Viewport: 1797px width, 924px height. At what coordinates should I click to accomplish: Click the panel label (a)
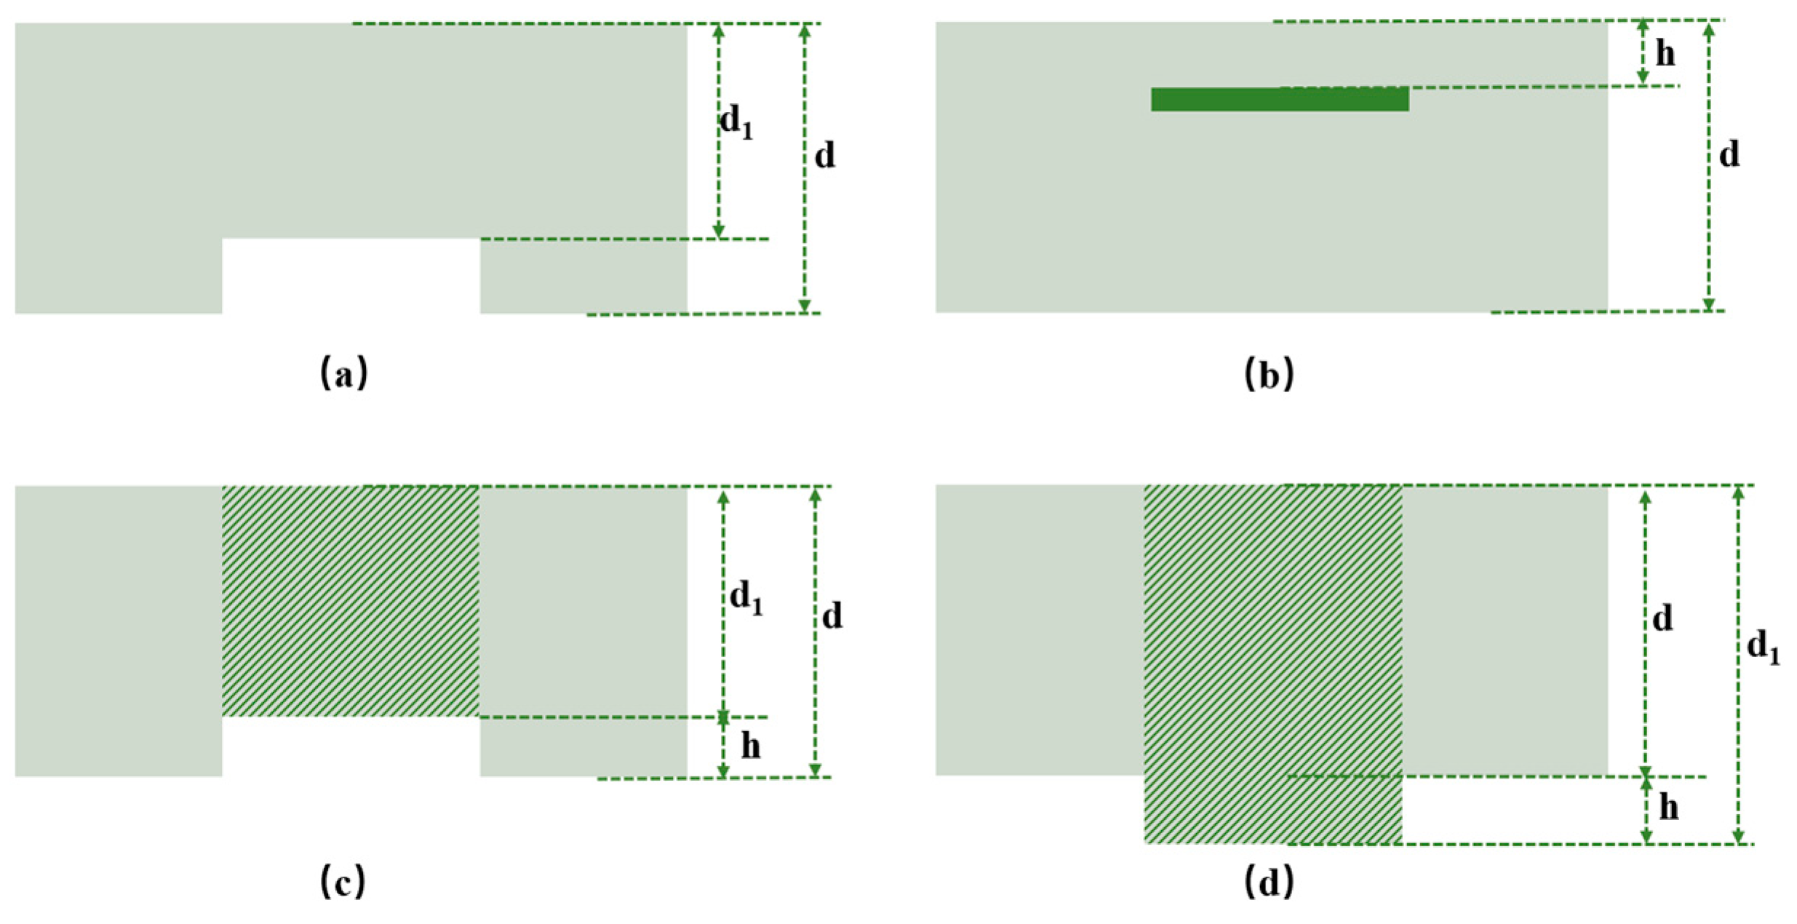pyautogui.click(x=343, y=373)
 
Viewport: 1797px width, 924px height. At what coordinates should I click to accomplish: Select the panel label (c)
pyautogui.click(x=343, y=882)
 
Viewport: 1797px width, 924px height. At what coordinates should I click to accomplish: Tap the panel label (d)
pyautogui.click(x=1269, y=883)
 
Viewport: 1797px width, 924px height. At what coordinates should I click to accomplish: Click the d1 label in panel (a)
pyautogui.click(x=736, y=121)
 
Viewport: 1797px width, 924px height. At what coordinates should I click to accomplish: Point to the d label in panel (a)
pyautogui.click(x=824, y=156)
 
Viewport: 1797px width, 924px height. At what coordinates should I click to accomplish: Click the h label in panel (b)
pyautogui.click(x=1665, y=53)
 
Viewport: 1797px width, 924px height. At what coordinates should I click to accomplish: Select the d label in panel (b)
pyautogui.click(x=1729, y=154)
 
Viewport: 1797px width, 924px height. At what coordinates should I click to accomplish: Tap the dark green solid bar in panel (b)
pyautogui.click(x=1279, y=100)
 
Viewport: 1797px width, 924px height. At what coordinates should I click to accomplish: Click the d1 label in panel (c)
pyautogui.click(x=746, y=598)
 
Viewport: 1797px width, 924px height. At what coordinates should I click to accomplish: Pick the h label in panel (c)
pyautogui.click(x=750, y=746)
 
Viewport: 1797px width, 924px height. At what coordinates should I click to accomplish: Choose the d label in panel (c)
pyautogui.click(x=832, y=616)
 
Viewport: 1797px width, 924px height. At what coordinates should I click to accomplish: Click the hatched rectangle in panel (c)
pyautogui.click(x=350, y=601)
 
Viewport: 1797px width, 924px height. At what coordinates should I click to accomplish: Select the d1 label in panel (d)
pyautogui.click(x=1763, y=646)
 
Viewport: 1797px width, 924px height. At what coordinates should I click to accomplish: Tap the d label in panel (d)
pyautogui.click(x=1662, y=618)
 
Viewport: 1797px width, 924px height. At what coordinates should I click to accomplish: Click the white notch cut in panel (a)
pyautogui.click(x=350, y=276)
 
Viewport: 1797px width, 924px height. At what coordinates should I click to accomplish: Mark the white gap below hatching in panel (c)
pyautogui.click(x=350, y=746)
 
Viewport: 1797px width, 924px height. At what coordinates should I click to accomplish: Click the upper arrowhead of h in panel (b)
pyautogui.click(x=1643, y=26)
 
